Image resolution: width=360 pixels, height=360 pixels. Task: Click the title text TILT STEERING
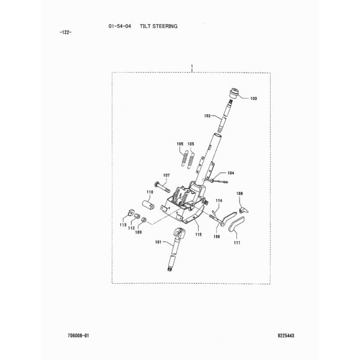pyautogui.click(x=159, y=26)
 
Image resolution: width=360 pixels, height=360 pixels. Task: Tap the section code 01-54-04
pyautogui.click(x=120, y=26)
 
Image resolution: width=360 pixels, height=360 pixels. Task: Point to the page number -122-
pyautogui.click(x=65, y=32)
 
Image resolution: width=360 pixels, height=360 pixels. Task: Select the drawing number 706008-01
pyautogui.click(x=78, y=336)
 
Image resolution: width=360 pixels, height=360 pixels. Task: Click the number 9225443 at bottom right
pyautogui.click(x=286, y=336)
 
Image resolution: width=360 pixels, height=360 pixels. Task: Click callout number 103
pyautogui.click(x=253, y=99)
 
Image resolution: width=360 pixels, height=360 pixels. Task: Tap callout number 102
pyautogui.click(x=207, y=116)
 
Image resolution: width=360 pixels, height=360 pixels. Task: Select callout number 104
pyautogui.click(x=231, y=173)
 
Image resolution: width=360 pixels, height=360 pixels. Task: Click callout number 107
pyautogui.click(x=166, y=176)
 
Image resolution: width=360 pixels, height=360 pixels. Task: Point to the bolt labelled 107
pyautogui.click(x=162, y=187)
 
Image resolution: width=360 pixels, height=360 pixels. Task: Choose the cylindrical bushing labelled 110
pyautogui.click(x=148, y=204)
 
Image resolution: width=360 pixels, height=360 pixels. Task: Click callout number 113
pyautogui.click(x=123, y=225)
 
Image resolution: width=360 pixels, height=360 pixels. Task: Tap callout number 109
pyautogui.click(x=138, y=232)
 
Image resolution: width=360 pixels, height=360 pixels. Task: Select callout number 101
pyautogui.click(x=158, y=242)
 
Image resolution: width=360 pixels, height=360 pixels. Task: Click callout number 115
pyautogui.click(x=199, y=235)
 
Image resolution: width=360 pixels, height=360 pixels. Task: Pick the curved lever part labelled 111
pyautogui.click(x=236, y=224)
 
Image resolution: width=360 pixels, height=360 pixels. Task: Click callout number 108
pyautogui.click(x=240, y=194)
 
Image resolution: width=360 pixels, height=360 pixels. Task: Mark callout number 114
pyautogui.click(x=219, y=200)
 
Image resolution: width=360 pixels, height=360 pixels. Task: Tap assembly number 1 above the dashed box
pyautogui.click(x=192, y=66)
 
